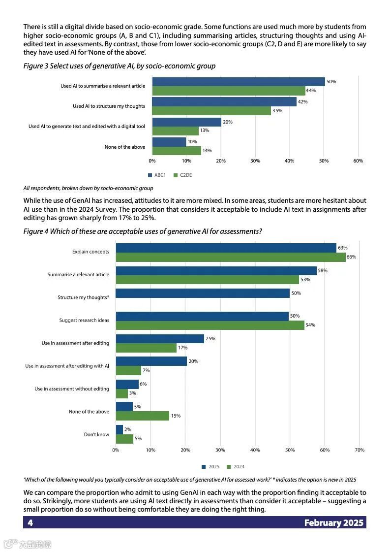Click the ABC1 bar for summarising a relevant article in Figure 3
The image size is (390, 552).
click(x=239, y=82)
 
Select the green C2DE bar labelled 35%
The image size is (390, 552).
click(x=211, y=111)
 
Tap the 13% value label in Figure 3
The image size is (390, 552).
click(x=205, y=130)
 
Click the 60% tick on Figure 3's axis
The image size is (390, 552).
click(x=358, y=161)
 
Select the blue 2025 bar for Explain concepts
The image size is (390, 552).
click(x=226, y=248)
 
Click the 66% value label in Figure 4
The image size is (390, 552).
click(x=351, y=257)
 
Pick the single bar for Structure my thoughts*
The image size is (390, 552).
click(x=203, y=293)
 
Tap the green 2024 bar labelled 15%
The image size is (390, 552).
click(x=142, y=416)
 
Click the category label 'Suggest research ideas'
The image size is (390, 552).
click(x=84, y=321)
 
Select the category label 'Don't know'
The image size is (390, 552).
click(x=96, y=434)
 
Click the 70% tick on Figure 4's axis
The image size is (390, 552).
click(x=359, y=450)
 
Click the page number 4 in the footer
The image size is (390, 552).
click(x=30, y=522)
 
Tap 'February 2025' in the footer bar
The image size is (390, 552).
click(x=333, y=522)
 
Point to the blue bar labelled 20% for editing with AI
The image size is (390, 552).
click(x=151, y=361)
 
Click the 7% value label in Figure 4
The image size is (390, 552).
click(x=146, y=370)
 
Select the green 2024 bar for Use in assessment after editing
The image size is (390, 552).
click(x=146, y=348)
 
